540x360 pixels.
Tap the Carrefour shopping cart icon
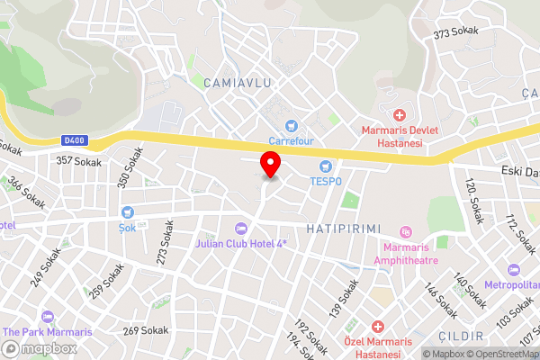coord(290,126)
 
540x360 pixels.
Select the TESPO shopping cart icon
coord(326,166)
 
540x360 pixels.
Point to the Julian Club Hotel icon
coord(239,229)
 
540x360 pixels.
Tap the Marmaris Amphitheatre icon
coord(405,233)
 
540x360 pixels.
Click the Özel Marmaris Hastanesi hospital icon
coord(378,326)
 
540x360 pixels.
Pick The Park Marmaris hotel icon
coord(47,318)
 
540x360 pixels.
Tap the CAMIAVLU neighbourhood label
coord(238,83)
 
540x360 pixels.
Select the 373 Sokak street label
coord(455,33)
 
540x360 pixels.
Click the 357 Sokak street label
coord(77,160)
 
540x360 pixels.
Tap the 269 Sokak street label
coord(146,330)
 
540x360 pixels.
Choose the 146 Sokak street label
coord(441,301)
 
